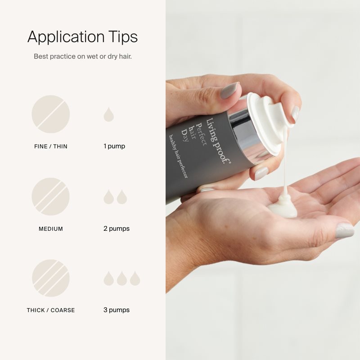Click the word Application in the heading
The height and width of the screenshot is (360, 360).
pos(66,37)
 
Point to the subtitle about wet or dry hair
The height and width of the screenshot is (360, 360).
pos(83,56)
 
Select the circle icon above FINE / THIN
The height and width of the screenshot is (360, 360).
pos(50,114)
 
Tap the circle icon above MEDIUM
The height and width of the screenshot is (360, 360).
pos(50,197)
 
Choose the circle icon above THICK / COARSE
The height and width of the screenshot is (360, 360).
pos(50,278)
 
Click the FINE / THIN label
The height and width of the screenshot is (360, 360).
pos(51,147)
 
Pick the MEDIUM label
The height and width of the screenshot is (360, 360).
pos(51,229)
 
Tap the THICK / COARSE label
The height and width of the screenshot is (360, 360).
pos(51,310)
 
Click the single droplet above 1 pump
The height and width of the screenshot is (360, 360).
pos(108,115)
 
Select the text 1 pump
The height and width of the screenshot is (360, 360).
pos(114,146)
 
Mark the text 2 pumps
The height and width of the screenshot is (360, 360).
pos(117,229)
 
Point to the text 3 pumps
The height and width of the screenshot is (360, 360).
pos(117,310)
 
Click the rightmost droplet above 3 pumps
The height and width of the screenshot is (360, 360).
pos(135,279)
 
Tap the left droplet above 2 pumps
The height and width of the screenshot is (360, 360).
pos(108,198)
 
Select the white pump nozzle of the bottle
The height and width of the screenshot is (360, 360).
pos(269,121)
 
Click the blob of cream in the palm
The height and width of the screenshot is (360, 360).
pos(283,206)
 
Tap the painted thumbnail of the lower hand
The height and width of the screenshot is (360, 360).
pos(345,231)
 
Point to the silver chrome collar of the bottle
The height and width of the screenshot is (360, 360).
pos(248,133)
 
